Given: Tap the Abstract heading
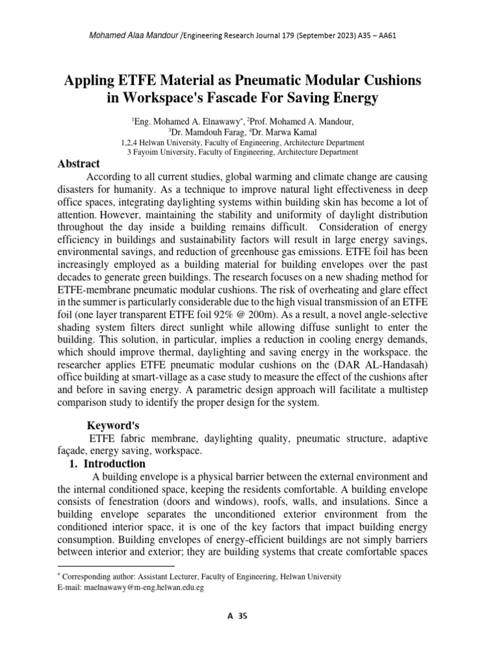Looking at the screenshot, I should [79, 164].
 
